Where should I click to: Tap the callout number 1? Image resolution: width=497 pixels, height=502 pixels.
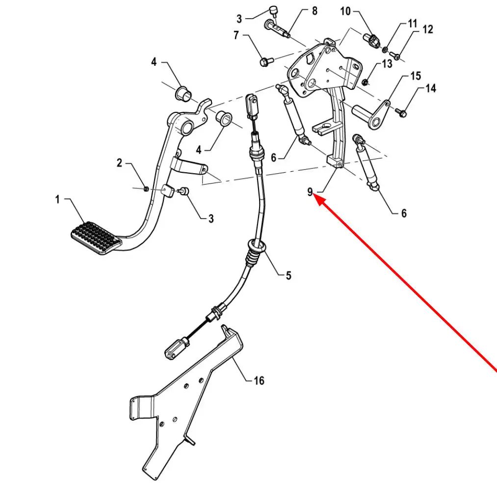57,199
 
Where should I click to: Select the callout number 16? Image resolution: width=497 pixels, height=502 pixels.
259,380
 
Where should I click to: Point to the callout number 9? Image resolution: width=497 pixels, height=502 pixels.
310,192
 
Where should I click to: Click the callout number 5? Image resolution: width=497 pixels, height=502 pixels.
288,275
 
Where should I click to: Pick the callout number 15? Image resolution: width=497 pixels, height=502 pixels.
416,76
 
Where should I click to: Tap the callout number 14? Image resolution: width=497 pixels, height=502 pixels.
431,88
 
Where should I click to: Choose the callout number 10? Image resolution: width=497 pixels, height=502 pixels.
345,11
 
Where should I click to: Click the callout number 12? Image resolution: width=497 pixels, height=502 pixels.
428,29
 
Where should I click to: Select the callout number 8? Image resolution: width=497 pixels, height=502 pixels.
314,11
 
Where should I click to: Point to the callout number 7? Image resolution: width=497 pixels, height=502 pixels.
236,35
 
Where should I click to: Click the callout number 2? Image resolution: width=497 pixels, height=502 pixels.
119,163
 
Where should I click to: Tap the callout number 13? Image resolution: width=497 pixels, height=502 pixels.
387,64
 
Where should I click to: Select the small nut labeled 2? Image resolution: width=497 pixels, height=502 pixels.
146,189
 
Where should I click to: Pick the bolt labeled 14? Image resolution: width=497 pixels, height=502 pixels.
401,112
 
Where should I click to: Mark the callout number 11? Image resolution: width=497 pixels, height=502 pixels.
413,24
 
